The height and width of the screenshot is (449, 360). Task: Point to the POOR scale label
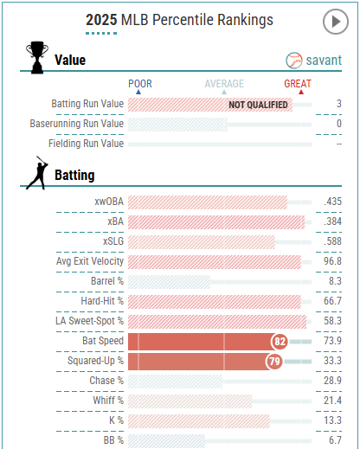(x=140, y=84)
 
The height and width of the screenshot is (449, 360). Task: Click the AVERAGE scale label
(x=224, y=84)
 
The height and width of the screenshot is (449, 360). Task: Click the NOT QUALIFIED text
(x=258, y=105)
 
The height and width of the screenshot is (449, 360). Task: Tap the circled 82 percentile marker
(x=280, y=342)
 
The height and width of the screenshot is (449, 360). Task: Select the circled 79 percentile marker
(x=274, y=361)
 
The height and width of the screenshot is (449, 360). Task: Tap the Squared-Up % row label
(x=96, y=361)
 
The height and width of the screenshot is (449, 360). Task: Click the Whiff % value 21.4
(x=331, y=401)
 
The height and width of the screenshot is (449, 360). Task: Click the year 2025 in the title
(x=101, y=20)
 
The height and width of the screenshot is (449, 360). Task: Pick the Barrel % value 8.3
(x=333, y=281)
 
